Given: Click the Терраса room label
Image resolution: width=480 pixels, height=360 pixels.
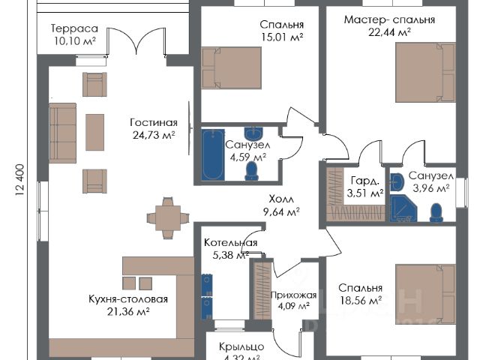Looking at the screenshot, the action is click(75, 28).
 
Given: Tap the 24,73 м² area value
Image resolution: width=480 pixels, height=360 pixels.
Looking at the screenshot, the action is click(152, 136).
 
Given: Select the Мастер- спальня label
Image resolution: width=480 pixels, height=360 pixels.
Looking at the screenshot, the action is click(389, 19).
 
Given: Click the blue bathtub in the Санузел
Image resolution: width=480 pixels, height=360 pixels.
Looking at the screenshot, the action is click(211, 154).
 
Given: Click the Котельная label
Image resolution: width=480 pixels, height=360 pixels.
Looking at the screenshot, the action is click(231, 243).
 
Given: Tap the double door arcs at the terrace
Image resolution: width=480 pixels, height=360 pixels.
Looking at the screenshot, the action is click(147, 42).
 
